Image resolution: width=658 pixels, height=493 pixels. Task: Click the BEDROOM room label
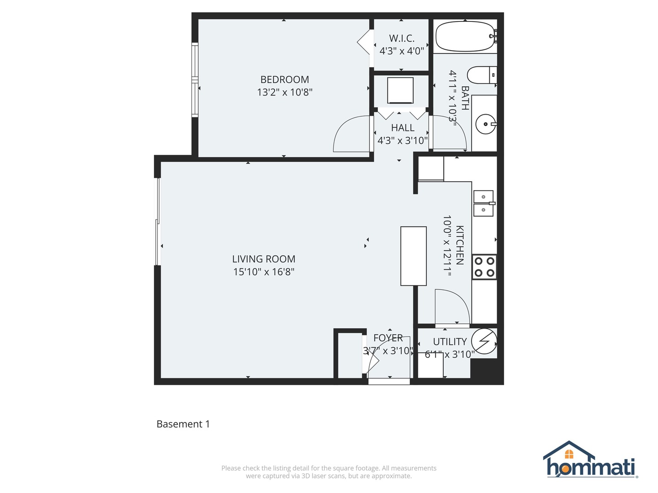coord(285,79)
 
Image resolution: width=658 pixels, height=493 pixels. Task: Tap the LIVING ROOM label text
coord(264,259)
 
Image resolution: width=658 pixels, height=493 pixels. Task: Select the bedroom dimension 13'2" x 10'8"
coord(285,92)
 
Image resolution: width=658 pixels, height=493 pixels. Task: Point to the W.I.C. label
coord(402,38)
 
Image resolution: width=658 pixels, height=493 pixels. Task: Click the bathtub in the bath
coord(465,37)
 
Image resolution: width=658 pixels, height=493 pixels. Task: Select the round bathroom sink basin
coord(485,124)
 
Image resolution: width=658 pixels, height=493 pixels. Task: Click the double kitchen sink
coord(483,203)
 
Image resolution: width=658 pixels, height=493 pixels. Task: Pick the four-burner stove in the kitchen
coord(484,267)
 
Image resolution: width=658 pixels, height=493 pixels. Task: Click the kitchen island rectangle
coord(414,256)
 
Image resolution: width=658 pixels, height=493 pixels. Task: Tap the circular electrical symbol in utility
coord(484,341)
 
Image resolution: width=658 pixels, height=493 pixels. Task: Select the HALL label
coord(403,128)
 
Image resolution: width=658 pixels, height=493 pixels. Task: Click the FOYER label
coord(388,338)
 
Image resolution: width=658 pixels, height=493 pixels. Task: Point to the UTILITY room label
coord(450,341)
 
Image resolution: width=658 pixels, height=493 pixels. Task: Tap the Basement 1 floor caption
coord(183,424)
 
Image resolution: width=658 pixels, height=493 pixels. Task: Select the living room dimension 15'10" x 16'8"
coord(264,272)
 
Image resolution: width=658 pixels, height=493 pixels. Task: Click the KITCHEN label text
coord(460,245)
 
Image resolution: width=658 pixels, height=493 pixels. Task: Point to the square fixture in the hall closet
coord(400,90)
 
